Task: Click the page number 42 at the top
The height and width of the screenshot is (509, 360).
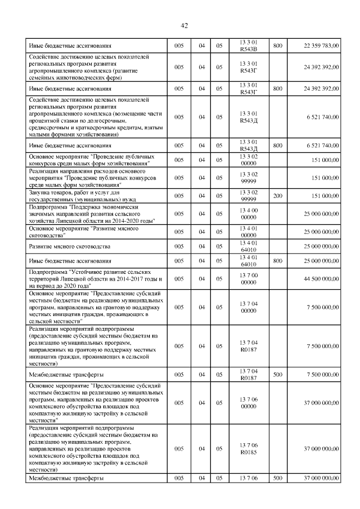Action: pyautogui.click(x=184, y=25)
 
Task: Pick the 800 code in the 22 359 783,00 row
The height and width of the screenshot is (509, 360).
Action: pyautogui.click(x=278, y=45)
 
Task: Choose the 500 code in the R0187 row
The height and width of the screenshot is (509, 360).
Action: pyautogui.click(x=278, y=374)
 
